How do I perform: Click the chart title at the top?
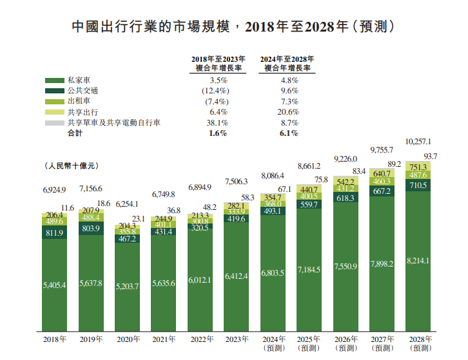click(233, 27)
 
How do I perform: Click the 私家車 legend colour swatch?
click(53, 81)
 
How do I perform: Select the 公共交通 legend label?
click(83, 91)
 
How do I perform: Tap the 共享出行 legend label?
click(83, 111)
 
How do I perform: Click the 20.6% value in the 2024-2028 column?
click(289, 112)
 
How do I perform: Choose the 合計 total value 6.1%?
click(289, 133)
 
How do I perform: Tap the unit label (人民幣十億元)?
click(71, 167)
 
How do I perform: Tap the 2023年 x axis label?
click(237, 339)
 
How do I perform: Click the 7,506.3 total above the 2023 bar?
click(238, 182)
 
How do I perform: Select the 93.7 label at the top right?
click(431, 156)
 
